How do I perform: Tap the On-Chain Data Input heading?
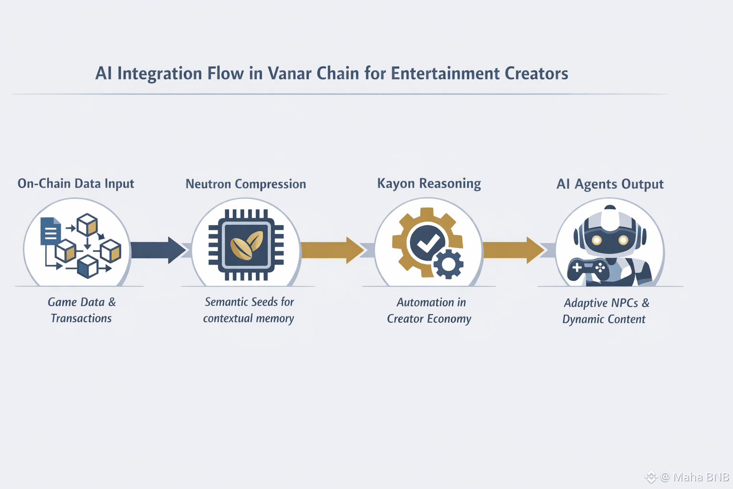coord(76,184)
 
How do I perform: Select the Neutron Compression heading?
coord(246,184)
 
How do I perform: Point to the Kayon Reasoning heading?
coord(429,184)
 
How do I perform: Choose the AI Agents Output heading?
coord(610,184)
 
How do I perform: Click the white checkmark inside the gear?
coord(428,244)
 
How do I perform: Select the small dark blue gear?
coord(448,264)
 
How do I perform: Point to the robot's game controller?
coord(588,269)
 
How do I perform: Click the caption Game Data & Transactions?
coord(82,310)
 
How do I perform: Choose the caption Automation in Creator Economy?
coord(429,310)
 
